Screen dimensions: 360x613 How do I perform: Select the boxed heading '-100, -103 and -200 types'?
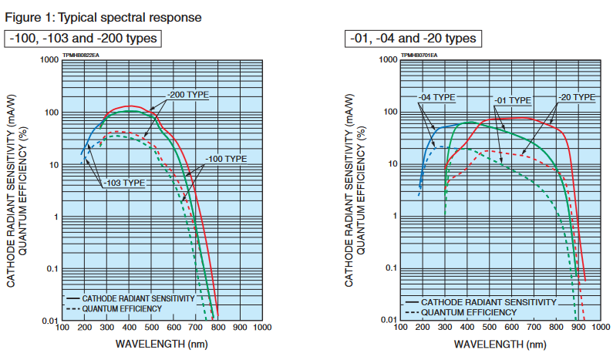[83, 39]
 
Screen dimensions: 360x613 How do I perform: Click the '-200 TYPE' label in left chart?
[187, 94]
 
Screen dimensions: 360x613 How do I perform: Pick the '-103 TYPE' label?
[123, 183]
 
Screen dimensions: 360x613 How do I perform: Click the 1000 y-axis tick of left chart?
[49, 60]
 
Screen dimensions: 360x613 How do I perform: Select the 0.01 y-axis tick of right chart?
[387, 319]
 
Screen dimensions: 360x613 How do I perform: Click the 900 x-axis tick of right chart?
[578, 328]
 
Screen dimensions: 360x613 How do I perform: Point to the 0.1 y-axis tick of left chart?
[52, 268]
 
